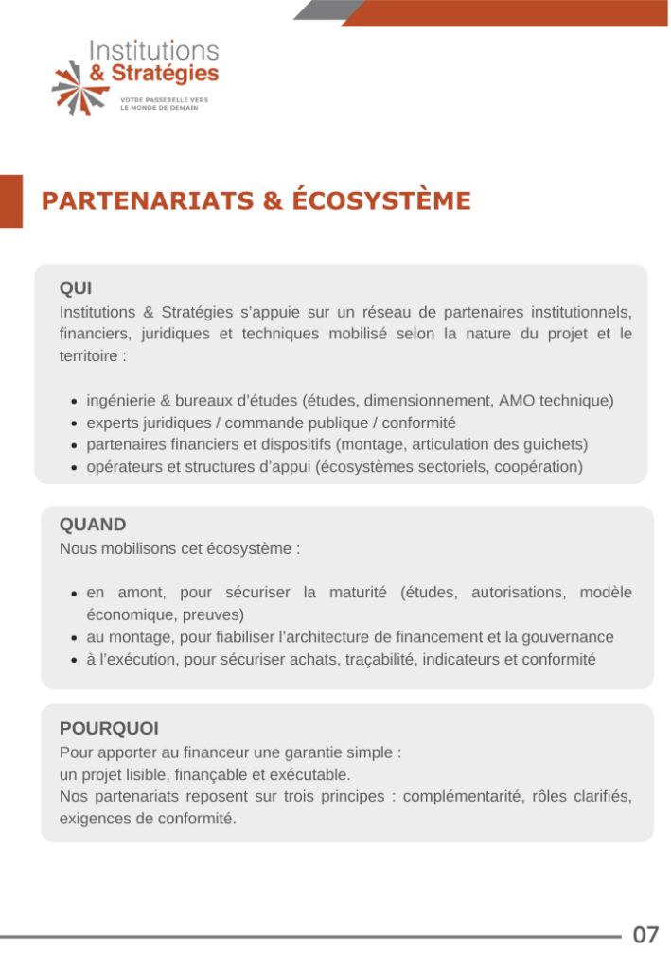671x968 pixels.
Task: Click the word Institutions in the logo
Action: pyautogui.click(x=153, y=51)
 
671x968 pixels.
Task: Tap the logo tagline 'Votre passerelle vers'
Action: pyautogui.click(x=164, y=99)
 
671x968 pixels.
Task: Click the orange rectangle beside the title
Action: pyautogui.click(x=10, y=200)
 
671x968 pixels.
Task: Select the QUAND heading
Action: pyautogui.click(x=93, y=525)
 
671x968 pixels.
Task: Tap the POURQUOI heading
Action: pyautogui.click(x=109, y=728)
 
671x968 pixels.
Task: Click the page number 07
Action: pyautogui.click(x=646, y=935)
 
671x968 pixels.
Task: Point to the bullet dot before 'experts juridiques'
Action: pyautogui.click(x=76, y=423)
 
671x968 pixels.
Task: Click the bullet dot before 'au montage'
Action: pyautogui.click(x=76, y=638)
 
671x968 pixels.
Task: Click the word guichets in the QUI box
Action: pyautogui.click(x=556, y=444)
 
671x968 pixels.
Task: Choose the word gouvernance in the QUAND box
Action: pyautogui.click(x=571, y=637)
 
